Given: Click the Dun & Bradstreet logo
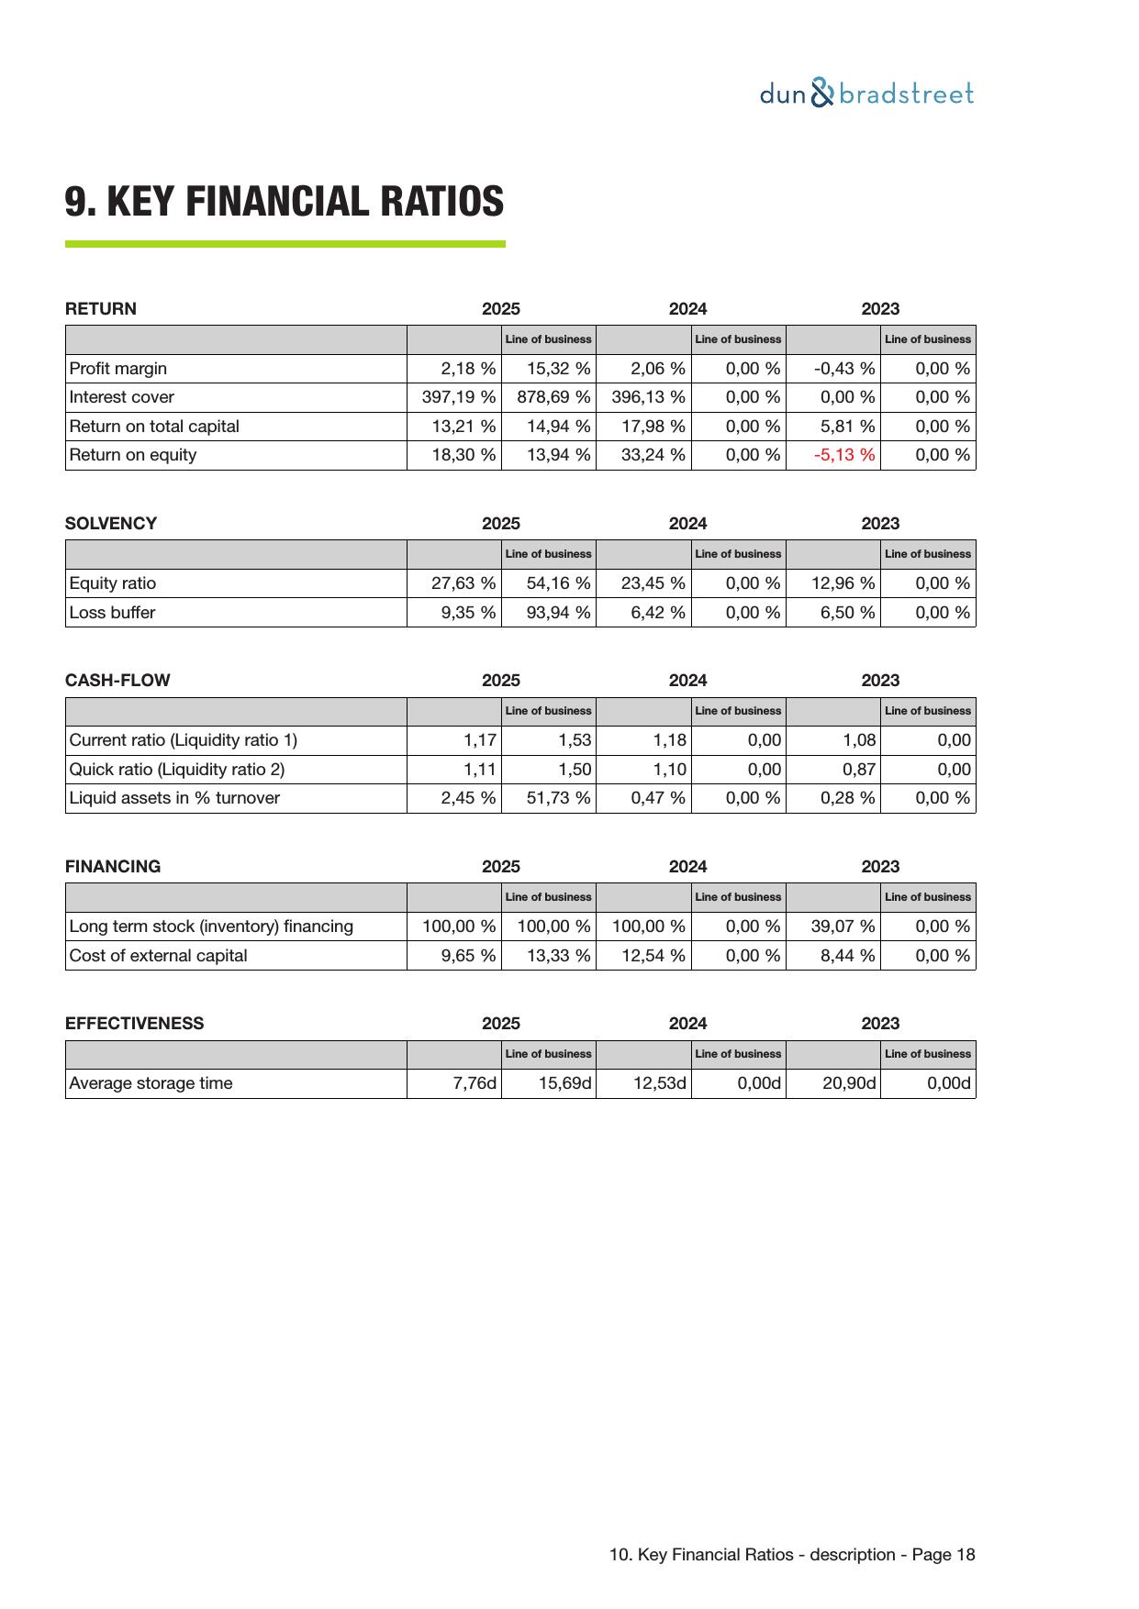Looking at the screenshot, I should pyautogui.click(x=866, y=94).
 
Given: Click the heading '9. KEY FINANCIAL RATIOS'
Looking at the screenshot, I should pyautogui.click(x=285, y=202).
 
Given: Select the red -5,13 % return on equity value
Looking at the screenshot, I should pyautogui.click(x=844, y=455).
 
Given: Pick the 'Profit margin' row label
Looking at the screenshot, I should pyautogui.click(x=118, y=369).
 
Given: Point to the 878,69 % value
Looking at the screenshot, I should pyautogui.click(x=553, y=397).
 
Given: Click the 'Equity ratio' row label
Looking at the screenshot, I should pyautogui.click(x=113, y=583).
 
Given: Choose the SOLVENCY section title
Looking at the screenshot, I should pyautogui.click(x=111, y=524).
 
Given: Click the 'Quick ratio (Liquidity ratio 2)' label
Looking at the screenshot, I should pyautogui.click(x=177, y=770).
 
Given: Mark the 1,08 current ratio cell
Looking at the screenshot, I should pyautogui.click(x=859, y=740).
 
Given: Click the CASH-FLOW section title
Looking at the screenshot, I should pyautogui.click(x=117, y=681).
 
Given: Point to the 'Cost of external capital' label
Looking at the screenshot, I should pyautogui.click(x=159, y=956).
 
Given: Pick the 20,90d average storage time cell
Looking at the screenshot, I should pyautogui.click(x=849, y=1083).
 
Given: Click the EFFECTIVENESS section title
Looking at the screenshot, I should pyautogui.click(x=135, y=1024).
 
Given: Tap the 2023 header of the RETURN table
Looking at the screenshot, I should pyautogui.click(x=880, y=309).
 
